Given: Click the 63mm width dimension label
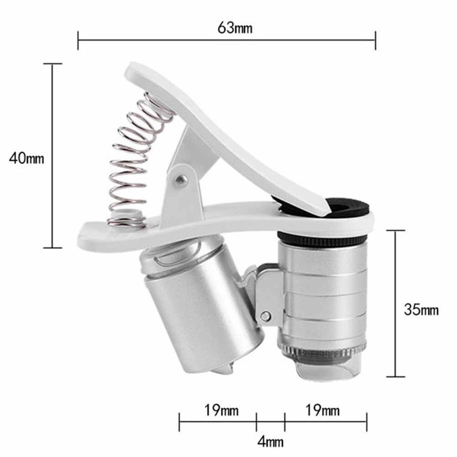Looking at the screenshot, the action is coord(235,28).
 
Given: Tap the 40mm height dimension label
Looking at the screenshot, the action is coord(26,158).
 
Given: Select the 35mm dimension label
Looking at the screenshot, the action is coord(421,310).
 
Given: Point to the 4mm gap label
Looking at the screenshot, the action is coord(270,441).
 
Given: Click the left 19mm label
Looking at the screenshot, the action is coord(221,410).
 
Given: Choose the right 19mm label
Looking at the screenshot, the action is coord(322,410).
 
